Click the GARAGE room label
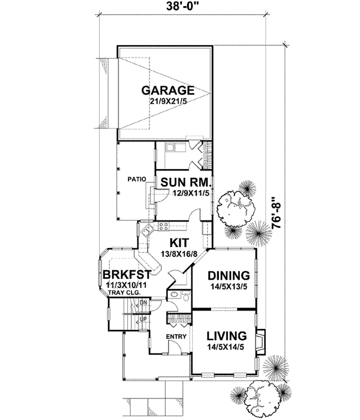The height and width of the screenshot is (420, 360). (x=167, y=91)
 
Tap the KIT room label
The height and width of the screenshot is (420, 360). (x=178, y=243)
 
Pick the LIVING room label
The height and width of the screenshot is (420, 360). (x=227, y=335)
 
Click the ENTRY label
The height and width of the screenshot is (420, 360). (x=177, y=337)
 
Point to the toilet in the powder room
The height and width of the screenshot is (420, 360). (x=185, y=298)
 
